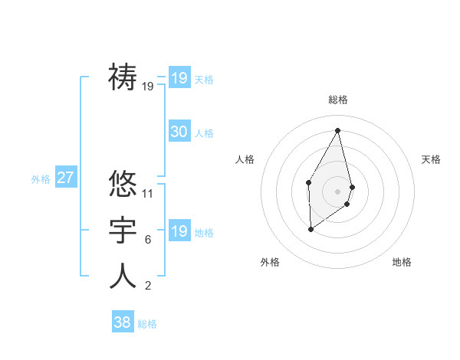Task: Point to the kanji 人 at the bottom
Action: (x=123, y=275)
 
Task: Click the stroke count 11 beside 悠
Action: (x=148, y=194)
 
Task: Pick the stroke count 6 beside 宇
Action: (x=148, y=240)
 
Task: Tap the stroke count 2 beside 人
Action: (x=148, y=286)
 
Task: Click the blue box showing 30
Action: (x=179, y=132)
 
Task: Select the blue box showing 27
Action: (x=65, y=178)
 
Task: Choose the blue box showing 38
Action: (x=122, y=322)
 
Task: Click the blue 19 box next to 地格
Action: (x=179, y=231)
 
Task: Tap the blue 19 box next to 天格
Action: (x=179, y=78)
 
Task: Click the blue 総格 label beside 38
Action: (x=147, y=324)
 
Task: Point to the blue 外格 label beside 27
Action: (x=41, y=179)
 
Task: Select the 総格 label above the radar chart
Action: (x=338, y=100)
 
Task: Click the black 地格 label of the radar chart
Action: (x=402, y=262)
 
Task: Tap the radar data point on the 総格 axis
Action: (x=338, y=129)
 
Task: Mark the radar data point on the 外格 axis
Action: (x=310, y=229)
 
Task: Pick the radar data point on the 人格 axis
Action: (x=308, y=182)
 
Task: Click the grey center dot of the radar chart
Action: (x=338, y=191)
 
